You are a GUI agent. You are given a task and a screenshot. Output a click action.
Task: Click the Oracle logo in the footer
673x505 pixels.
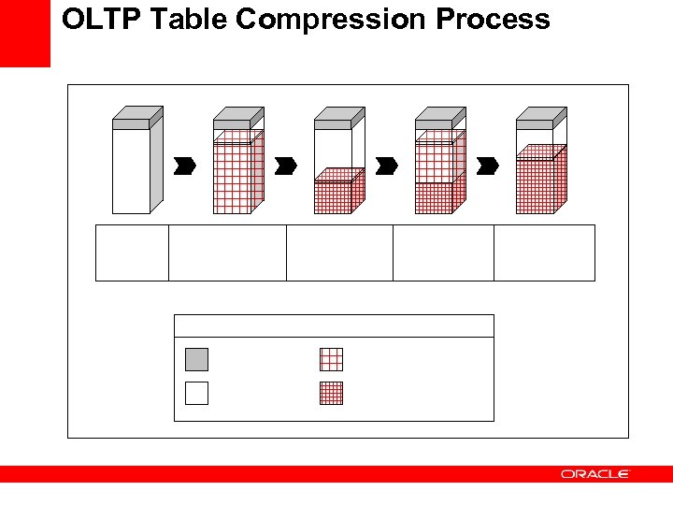coord(595,474)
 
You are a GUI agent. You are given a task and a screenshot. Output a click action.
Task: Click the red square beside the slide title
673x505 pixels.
coord(24,33)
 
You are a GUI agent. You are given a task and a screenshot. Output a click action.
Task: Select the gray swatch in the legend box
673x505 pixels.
coord(196,359)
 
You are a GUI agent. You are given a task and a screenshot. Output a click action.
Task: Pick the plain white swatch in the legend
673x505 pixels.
coord(196,393)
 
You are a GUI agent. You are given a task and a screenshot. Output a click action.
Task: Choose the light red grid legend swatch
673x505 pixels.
coord(331,359)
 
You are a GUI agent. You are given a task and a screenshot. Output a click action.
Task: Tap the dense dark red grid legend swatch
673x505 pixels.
coord(331,393)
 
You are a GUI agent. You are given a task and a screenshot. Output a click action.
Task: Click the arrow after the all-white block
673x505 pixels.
coord(185,166)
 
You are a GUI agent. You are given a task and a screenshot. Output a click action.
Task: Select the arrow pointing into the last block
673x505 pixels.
coord(487,166)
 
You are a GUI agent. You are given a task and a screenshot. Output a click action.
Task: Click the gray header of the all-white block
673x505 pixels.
coord(131,123)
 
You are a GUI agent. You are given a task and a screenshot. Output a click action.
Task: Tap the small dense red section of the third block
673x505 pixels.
coord(333,196)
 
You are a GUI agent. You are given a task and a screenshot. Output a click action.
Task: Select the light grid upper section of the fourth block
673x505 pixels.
coord(434,157)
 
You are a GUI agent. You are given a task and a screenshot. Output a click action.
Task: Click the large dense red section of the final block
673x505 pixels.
coord(535,185)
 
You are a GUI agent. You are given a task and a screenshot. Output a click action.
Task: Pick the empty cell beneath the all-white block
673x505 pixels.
coord(132,252)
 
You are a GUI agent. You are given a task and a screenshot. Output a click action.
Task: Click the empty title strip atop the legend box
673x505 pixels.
coord(334,325)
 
